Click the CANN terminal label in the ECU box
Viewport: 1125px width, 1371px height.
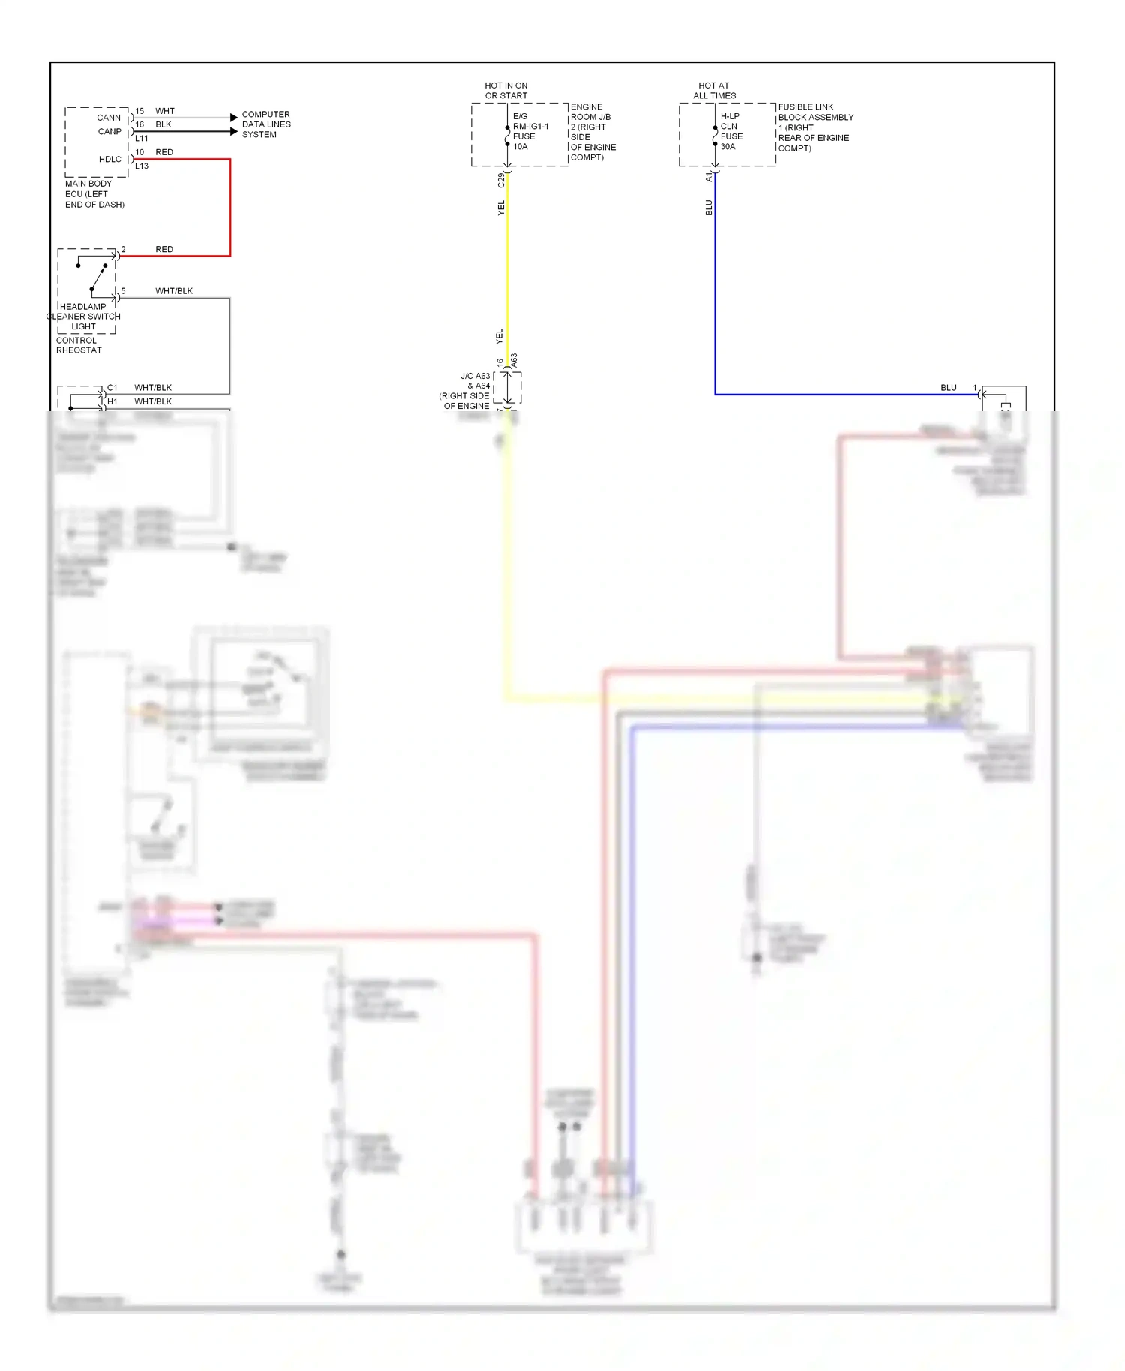[x=109, y=118]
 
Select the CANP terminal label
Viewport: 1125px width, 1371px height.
[x=109, y=131]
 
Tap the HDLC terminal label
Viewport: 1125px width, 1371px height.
[x=109, y=159]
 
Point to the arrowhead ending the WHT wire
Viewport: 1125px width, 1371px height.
[x=234, y=117]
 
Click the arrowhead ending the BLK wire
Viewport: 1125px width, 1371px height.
[x=234, y=131]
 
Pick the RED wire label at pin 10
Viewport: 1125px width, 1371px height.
[x=164, y=152]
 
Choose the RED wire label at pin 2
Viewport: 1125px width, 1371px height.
[x=164, y=249]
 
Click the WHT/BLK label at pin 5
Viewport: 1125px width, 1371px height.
[x=174, y=291]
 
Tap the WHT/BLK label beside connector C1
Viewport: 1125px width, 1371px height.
[x=153, y=388]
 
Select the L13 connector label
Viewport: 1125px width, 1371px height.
[x=142, y=166]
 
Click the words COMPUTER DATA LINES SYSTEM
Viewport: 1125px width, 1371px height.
[x=265, y=124]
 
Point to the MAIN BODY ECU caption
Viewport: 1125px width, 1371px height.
[x=94, y=194]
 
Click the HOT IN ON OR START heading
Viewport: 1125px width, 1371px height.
[x=506, y=91]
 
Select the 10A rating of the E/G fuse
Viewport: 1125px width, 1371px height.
[x=520, y=147]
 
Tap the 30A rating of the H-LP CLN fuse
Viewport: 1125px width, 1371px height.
[x=728, y=147]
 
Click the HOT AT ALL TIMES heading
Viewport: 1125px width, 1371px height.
[x=714, y=91]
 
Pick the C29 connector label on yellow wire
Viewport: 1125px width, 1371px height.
[x=501, y=180]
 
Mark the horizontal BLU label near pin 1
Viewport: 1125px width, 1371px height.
[x=949, y=388]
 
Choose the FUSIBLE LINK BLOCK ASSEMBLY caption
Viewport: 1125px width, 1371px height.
[x=815, y=127]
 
